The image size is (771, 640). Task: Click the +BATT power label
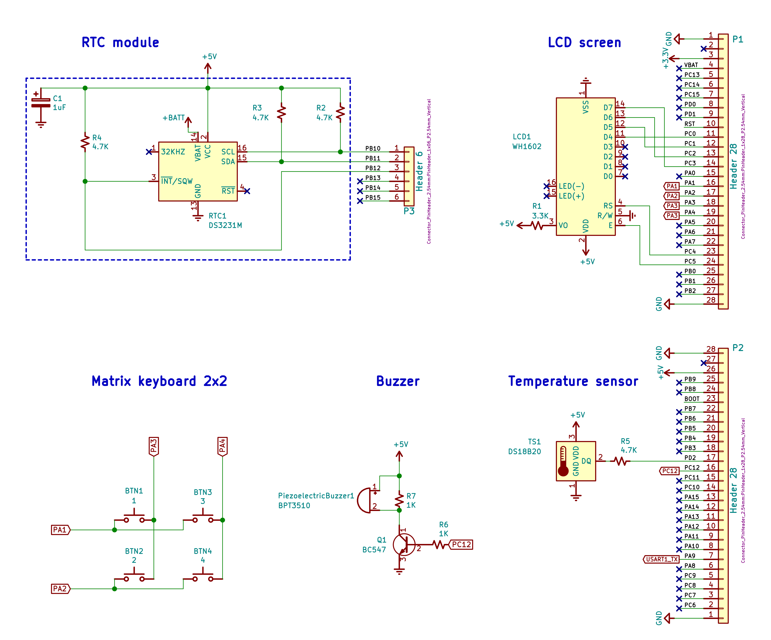[174, 118]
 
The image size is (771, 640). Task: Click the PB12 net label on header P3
[373, 168]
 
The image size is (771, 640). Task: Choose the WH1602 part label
[527, 146]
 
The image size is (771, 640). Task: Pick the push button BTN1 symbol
[134, 516]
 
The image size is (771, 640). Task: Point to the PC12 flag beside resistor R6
[461, 545]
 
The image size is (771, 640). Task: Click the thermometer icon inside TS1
[563, 461]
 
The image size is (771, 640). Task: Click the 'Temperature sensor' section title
[573, 381]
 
